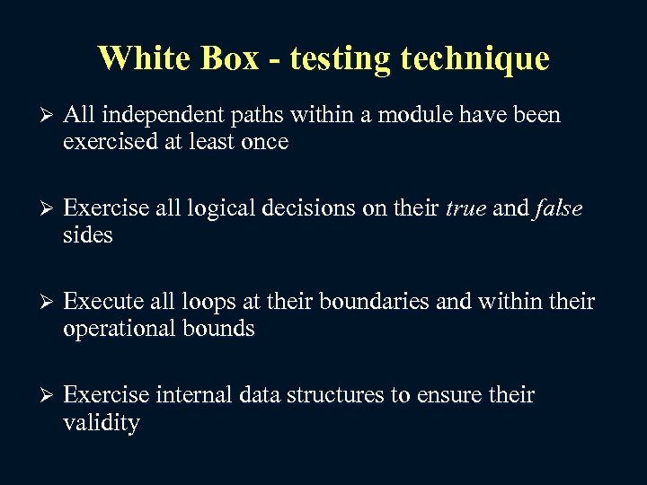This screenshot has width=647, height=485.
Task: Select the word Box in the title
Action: click(232, 58)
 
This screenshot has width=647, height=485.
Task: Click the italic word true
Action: click(465, 209)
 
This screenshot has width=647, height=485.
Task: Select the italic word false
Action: click(558, 209)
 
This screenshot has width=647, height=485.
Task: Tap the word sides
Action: click(88, 235)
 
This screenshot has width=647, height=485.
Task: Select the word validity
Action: click(102, 422)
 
